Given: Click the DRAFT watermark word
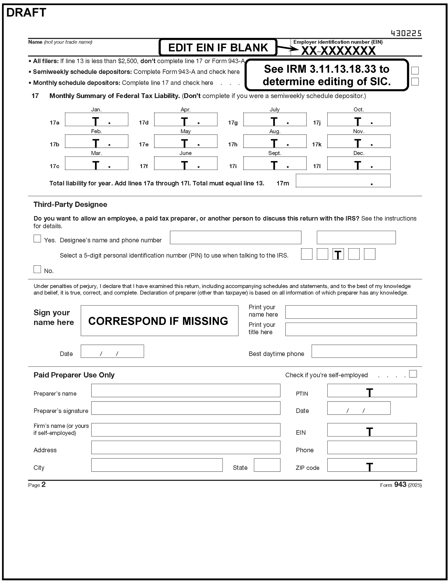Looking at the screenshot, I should pos(26,13).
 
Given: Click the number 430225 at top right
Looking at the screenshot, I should pos(406,33).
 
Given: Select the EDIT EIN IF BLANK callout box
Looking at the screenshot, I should pos(218,47).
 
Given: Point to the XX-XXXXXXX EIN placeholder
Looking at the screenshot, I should pos(338,51).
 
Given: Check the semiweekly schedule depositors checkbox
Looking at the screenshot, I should pos(415,71).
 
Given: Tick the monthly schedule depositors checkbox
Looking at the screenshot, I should pos(415,82).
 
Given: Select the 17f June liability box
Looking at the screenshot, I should pos(186,163).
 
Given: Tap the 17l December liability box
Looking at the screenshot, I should pos(359,163).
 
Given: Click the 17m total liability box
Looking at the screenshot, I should pos(343,181).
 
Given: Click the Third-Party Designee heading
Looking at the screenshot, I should pos(70,204).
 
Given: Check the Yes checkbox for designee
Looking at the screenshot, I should pos(37,238).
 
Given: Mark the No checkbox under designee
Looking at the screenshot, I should pos(37,269).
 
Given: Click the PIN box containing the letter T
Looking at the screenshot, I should pos(338,254).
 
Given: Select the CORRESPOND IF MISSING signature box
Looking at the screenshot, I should pos(160,321).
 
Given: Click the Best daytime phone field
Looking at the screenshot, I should pos(364,351).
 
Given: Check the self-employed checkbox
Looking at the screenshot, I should pos(413,374).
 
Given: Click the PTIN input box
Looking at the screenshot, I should pos(372,390).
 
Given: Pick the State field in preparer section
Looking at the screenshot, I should pos(267,465).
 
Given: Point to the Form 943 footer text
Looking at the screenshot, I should pos(400,485).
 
